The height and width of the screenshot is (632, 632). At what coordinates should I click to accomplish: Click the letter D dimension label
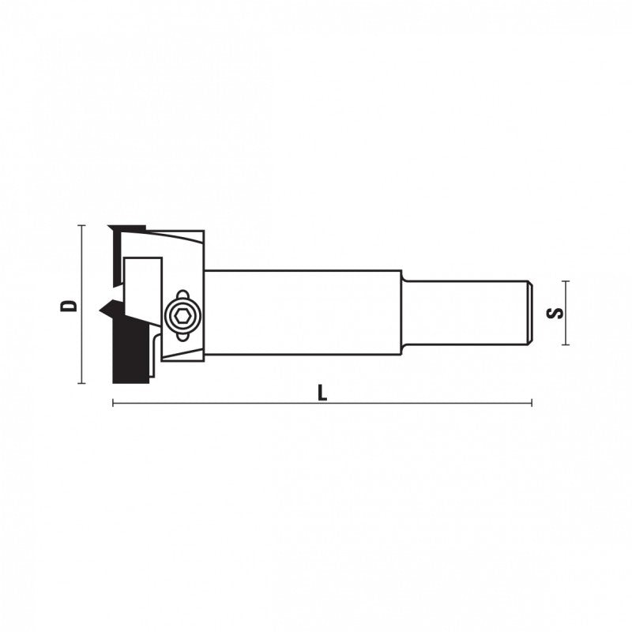coord(68,306)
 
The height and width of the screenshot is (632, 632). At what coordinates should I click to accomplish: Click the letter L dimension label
coord(322,392)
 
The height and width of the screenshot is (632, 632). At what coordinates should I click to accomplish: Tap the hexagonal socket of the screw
coord(182,316)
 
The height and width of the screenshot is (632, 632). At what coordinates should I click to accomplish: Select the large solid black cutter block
coord(131,352)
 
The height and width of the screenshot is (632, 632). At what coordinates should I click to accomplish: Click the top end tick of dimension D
coord(82,225)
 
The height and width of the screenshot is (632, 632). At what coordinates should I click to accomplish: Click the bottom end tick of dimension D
coord(82,383)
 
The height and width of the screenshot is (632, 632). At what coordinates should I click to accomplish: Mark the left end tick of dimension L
coord(113,403)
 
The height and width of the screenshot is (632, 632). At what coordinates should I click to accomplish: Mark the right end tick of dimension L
coord(532,403)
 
